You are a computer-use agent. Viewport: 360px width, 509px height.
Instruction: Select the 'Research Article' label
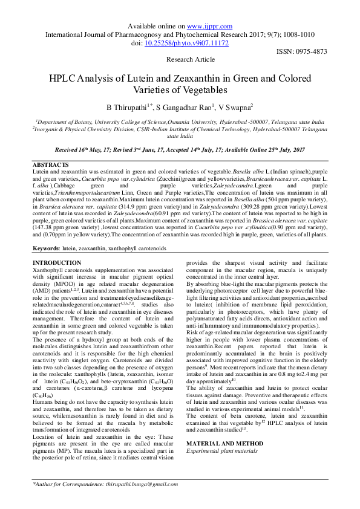190,60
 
